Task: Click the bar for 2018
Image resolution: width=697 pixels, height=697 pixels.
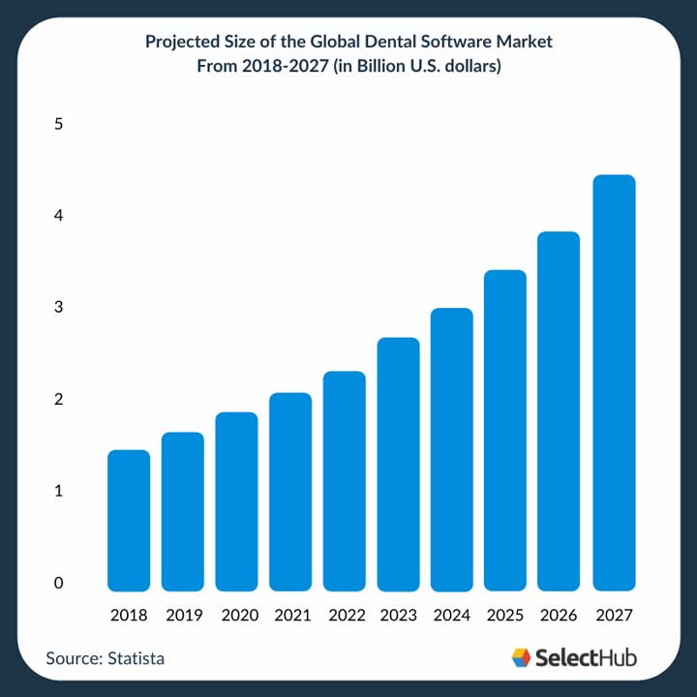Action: click(129, 521)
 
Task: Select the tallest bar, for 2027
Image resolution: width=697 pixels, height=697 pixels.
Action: click(614, 383)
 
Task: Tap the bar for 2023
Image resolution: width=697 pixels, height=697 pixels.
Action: click(398, 465)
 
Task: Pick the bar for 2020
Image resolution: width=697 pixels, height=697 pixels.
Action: click(236, 501)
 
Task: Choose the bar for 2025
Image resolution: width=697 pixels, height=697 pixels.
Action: click(505, 431)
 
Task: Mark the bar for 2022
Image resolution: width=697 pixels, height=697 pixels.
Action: click(344, 481)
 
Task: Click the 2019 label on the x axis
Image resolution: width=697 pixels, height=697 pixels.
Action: click(183, 615)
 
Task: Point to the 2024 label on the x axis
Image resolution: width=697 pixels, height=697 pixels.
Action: click(452, 615)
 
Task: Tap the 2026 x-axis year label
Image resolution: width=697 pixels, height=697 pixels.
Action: click(560, 615)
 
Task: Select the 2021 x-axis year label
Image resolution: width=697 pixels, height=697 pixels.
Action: click(290, 615)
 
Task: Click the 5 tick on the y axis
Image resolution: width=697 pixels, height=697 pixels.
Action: click(59, 124)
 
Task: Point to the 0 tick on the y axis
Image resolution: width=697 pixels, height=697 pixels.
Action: click(59, 583)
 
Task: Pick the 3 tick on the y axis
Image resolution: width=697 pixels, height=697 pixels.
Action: click(59, 308)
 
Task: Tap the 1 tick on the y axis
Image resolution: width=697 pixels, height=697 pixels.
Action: click(59, 491)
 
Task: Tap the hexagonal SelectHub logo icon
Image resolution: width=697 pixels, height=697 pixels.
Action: click(522, 657)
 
